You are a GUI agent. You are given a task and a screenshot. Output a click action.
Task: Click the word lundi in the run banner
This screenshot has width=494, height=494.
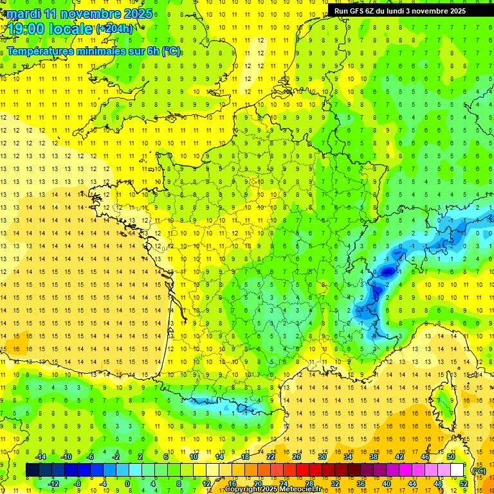(x=398, y=11)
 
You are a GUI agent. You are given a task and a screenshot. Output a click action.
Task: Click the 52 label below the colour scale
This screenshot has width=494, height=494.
(x=464, y=483)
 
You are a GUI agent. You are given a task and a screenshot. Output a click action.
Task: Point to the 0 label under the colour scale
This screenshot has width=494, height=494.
(x=127, y=483)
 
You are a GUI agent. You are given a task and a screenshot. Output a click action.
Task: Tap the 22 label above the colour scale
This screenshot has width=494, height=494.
(x=271, y=457)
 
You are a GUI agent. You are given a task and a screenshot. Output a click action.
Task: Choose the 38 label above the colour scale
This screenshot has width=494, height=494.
(x=374, y=457)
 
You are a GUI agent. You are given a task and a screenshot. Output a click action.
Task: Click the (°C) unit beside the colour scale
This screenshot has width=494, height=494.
(x=479, y=470)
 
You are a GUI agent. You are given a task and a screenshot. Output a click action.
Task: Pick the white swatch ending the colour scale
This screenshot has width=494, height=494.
(x=457, y=470)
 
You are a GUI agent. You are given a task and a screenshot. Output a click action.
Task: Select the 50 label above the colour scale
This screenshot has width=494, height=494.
(x=451, y=457)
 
